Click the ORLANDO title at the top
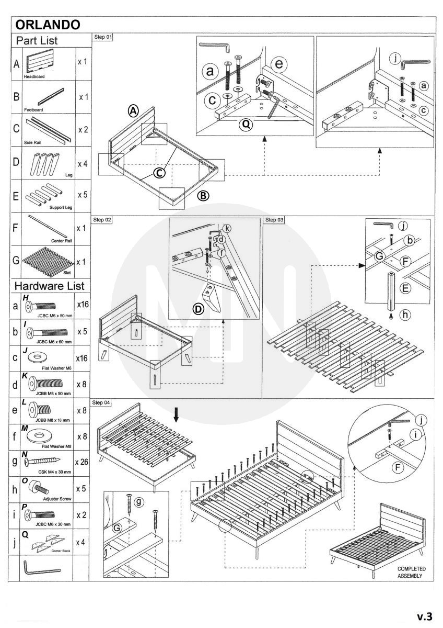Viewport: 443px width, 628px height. click(x=48, y=25)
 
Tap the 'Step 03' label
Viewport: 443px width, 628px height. click(x=275, y=220)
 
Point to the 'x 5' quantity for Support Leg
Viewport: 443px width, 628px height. click(x=82, y=195)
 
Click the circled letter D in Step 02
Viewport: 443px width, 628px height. click(x=199, y=309)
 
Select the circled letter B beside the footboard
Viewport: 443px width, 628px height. click(x=203, y=196)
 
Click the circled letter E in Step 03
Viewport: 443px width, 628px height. click(x=406, y=287)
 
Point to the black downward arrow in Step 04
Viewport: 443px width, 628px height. click(x=176, y=414)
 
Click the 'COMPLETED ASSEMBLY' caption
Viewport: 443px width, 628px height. click(x=411, y=572)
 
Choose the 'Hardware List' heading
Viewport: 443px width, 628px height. click(x=49, y=286)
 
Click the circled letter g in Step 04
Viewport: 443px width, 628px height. click(x=138, y=501)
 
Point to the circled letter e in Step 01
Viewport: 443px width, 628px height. click(x=279, y=64)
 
